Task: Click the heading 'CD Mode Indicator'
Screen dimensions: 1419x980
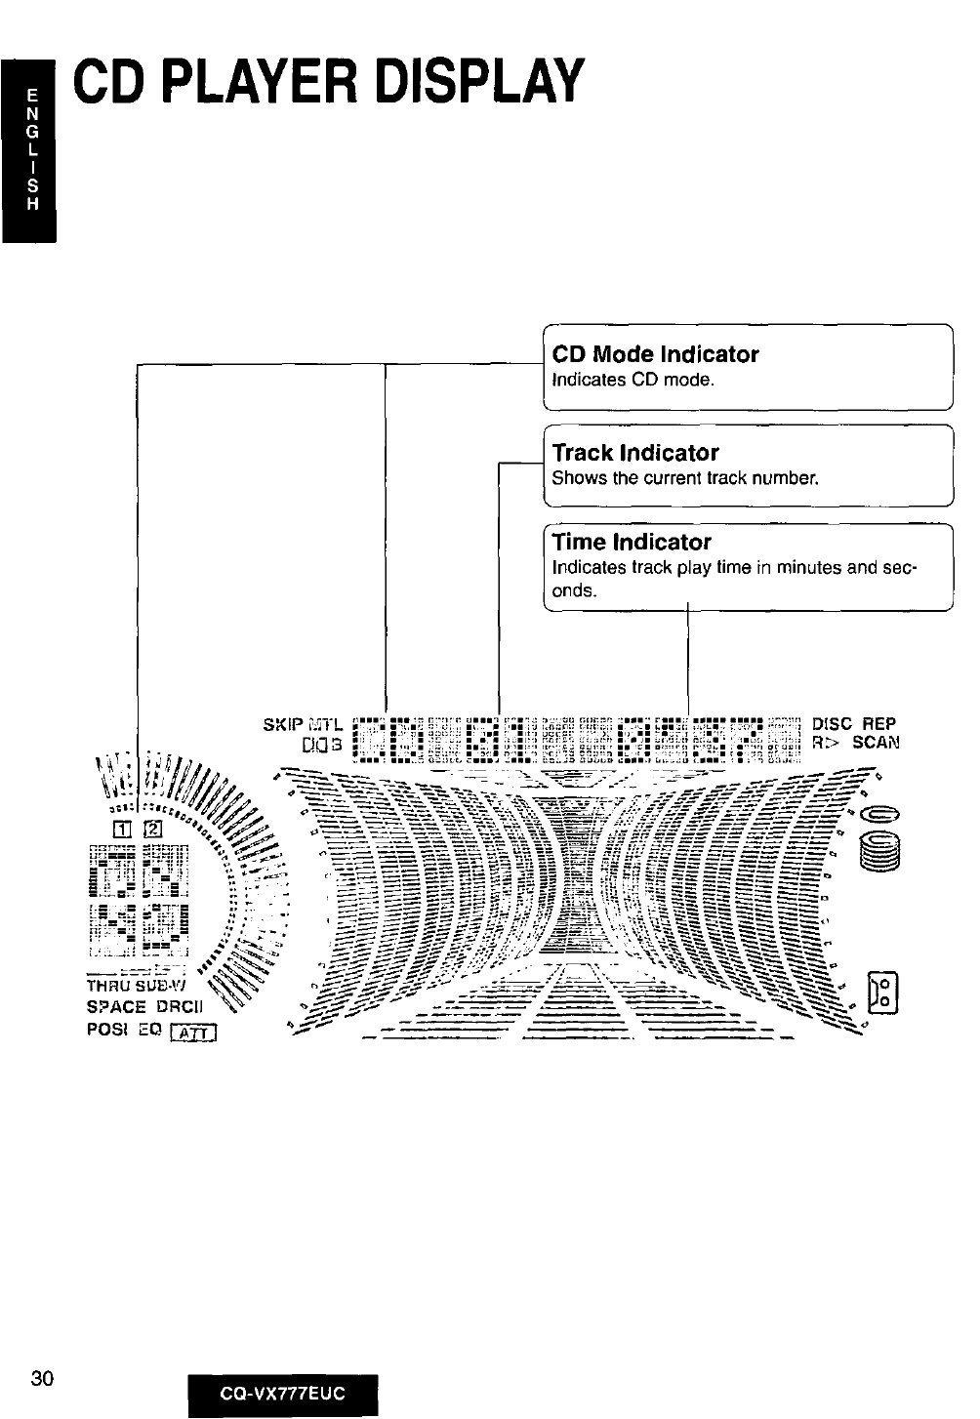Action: (655, 354)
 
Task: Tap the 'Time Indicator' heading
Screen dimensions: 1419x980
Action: (632, 542)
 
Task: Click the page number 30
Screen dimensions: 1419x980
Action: (41, 1378)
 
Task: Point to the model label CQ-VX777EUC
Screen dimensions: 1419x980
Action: (282, 1393)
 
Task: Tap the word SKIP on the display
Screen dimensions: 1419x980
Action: (282, 725)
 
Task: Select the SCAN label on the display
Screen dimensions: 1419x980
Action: (876, 743)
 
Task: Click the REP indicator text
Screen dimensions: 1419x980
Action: (878, 725)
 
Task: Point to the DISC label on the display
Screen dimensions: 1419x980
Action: (832, 725)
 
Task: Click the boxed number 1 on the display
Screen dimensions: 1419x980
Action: (123, 830)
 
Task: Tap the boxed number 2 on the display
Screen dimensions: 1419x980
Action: (153, 830)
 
